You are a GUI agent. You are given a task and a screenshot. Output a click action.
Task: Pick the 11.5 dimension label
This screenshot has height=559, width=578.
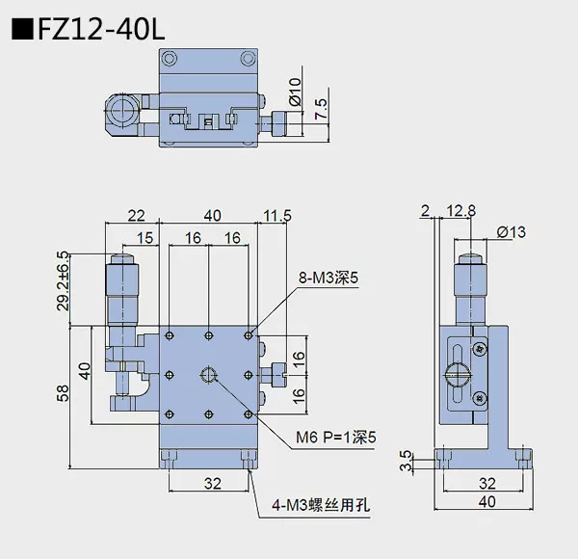click(275, 216)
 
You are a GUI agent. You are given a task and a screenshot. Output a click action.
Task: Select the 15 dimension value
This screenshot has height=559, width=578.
click(144, 237)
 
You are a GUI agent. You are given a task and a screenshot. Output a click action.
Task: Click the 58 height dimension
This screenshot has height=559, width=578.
click(63, 392)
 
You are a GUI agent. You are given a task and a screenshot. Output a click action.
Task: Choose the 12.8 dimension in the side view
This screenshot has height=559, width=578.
click(460, 210)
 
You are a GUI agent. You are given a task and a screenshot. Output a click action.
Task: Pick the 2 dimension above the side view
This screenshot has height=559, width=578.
click(425, 210)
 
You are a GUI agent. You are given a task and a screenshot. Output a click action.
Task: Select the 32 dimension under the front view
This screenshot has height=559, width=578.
click(208, 484)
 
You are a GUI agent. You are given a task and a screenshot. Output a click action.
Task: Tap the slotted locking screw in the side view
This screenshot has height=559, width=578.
click(458, 371)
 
